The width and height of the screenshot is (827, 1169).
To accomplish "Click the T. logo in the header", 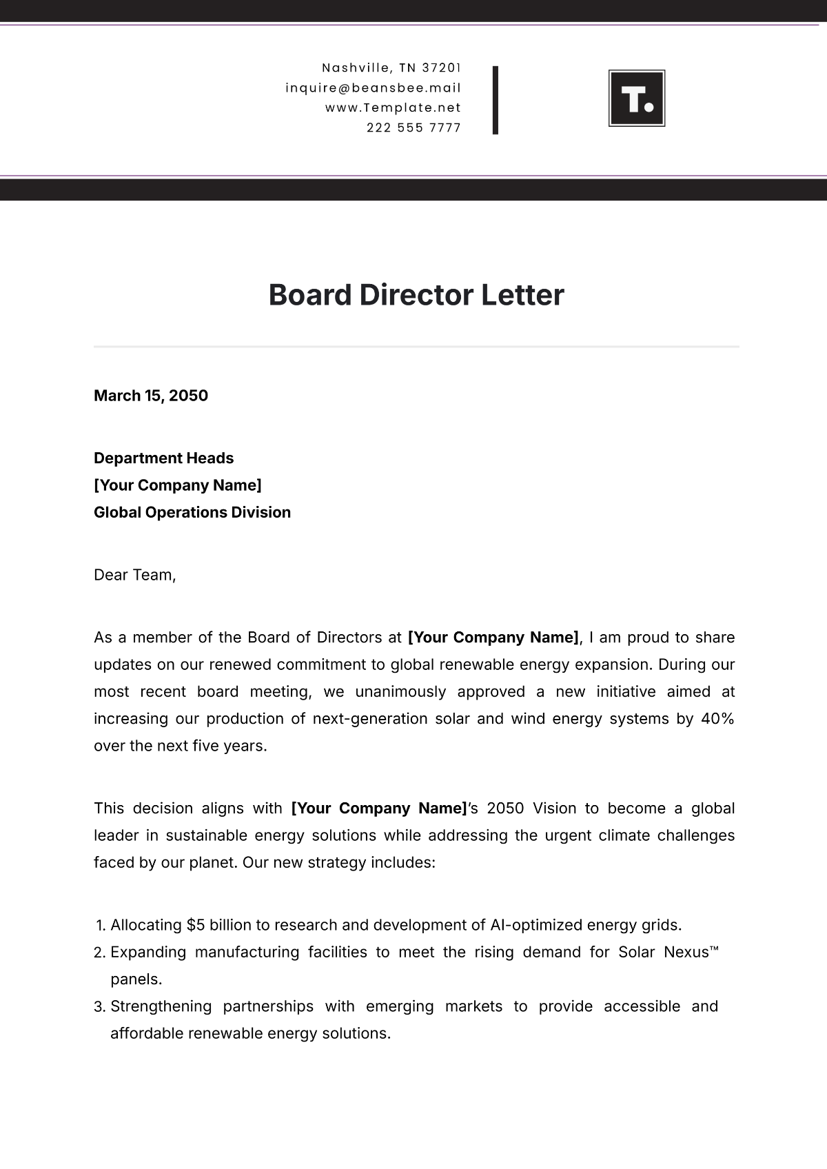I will point(637,99).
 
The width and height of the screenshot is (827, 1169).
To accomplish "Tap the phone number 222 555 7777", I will point(413,128).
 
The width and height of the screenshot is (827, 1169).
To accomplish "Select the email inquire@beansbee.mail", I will point(373,88).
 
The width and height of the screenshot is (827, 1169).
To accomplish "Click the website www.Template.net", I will point(393,108).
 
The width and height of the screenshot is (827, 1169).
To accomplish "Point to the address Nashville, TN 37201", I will point(391,68).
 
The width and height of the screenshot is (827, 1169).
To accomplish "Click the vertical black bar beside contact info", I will point(496,100).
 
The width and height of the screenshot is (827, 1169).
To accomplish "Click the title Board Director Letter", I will point(416,295).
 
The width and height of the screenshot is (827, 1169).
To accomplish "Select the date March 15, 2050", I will point(151,396).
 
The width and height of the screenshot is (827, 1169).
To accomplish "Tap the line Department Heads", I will point(163,458).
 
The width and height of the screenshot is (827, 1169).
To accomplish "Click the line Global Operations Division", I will point(192,512).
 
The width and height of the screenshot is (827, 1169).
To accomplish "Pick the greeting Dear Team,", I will point(135,575).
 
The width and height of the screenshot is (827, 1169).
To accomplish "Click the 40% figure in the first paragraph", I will point(717,718).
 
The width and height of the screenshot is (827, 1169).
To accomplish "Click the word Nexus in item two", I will point(686,952).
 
